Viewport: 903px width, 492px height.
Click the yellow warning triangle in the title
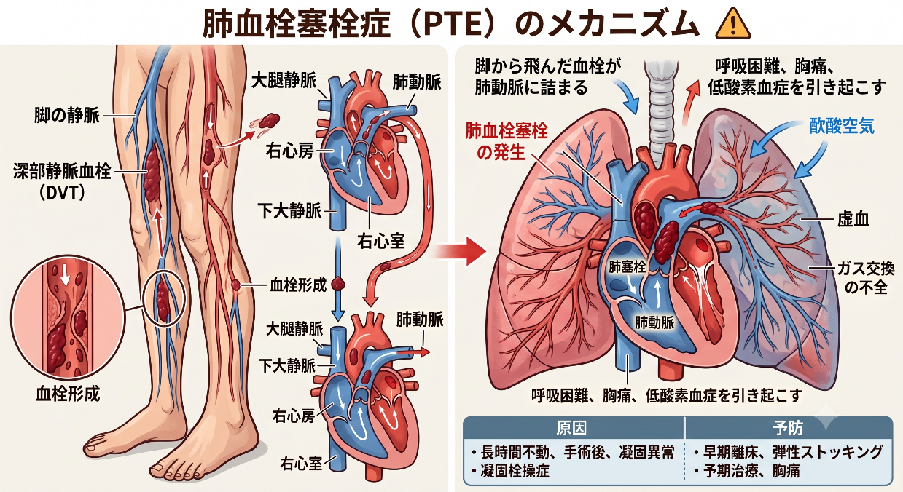(x=732, y=25)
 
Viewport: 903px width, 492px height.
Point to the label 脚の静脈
(x=66, y=116)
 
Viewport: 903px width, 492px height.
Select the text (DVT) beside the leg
(x=63, y=192)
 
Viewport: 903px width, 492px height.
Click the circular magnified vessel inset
(x=68, y=317)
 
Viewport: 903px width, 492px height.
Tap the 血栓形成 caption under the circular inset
(x=67, y=393)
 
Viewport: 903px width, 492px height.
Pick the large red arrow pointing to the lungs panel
(x=461, y=252)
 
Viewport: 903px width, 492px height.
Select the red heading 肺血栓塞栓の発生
(x=507, y=142)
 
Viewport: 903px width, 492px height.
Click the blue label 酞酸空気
(x=842, y=126)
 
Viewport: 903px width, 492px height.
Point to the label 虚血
(x=853, y=219)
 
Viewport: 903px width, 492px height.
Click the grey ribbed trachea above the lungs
(x=661, y=109)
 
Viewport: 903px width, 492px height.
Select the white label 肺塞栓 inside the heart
(x=627, y=266)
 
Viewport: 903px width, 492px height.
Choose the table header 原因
(x=571, y=428)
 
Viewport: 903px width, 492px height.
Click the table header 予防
(x=788, y=428)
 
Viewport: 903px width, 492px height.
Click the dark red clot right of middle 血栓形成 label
(x=338, y=285)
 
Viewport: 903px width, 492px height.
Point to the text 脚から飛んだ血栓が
(x=548, y=66)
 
